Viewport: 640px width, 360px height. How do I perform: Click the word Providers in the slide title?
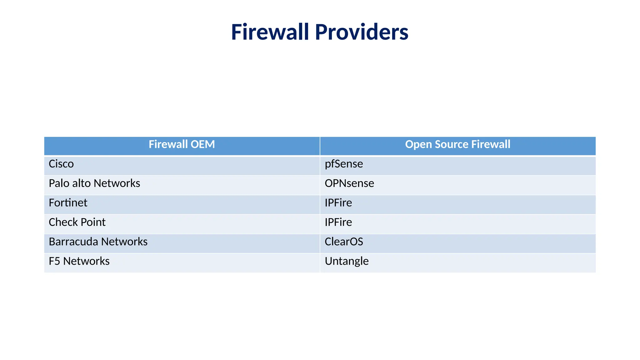point(361,32)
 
